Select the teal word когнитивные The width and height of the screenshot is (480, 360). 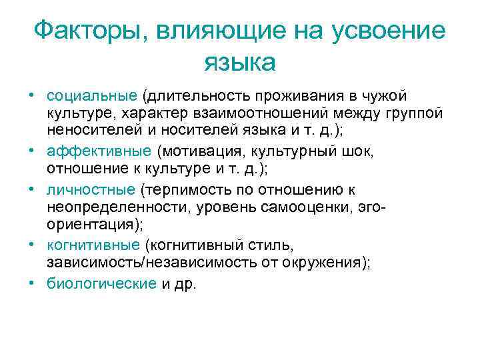tap(94, 245)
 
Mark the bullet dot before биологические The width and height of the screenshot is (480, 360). tap(31, 283)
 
